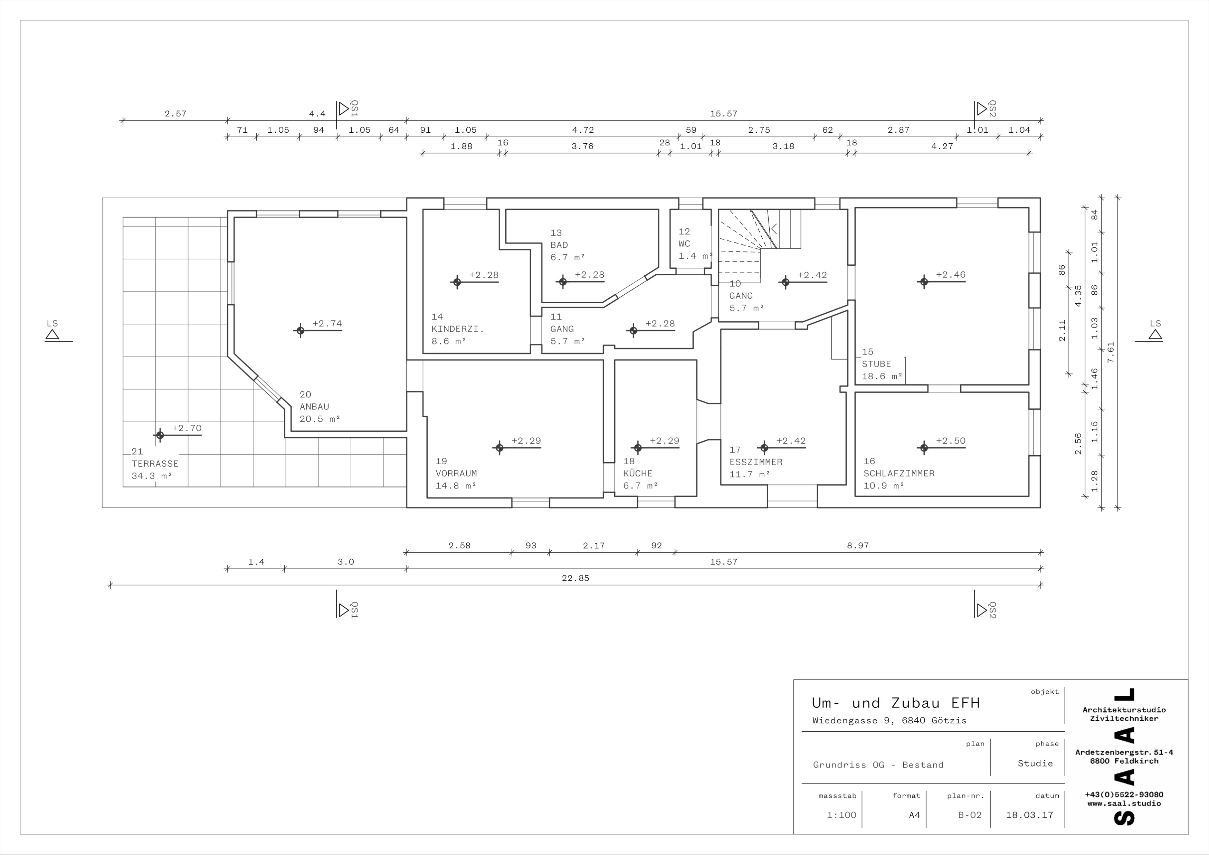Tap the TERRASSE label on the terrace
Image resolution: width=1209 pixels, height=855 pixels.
tap(155, 464)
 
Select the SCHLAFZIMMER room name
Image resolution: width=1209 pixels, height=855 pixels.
tap(899, 473)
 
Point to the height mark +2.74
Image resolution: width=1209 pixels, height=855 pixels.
tap(327, 323)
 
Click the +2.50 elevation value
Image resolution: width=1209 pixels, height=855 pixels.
tap(951, 441)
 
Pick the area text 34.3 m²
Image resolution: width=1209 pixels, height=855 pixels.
tap(152, 476)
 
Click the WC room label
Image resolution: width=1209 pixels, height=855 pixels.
tap(684, 244)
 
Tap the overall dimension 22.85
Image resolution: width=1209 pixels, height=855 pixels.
tap(575, 578)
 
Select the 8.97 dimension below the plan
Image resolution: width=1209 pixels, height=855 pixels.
tap(858, 545)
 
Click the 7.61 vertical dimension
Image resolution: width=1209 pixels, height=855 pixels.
tap(1111, 352)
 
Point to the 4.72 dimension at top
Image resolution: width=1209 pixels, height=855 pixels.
tap(583, 130)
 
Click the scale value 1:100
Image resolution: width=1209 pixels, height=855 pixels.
tap(841, 815)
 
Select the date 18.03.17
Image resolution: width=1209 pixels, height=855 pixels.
tap(1029, 815)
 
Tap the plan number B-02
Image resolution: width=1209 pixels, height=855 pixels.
tap(969, 815)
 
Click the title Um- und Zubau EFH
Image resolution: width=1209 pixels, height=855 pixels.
tap(896, 703)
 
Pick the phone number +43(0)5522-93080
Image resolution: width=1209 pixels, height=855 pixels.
tap(1124, 795)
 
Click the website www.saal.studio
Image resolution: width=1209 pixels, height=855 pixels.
tap(1124, 804)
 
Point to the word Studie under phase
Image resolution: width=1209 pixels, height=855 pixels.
tap(1035, 763)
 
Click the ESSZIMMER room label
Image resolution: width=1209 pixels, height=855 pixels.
tap(756, 462)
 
